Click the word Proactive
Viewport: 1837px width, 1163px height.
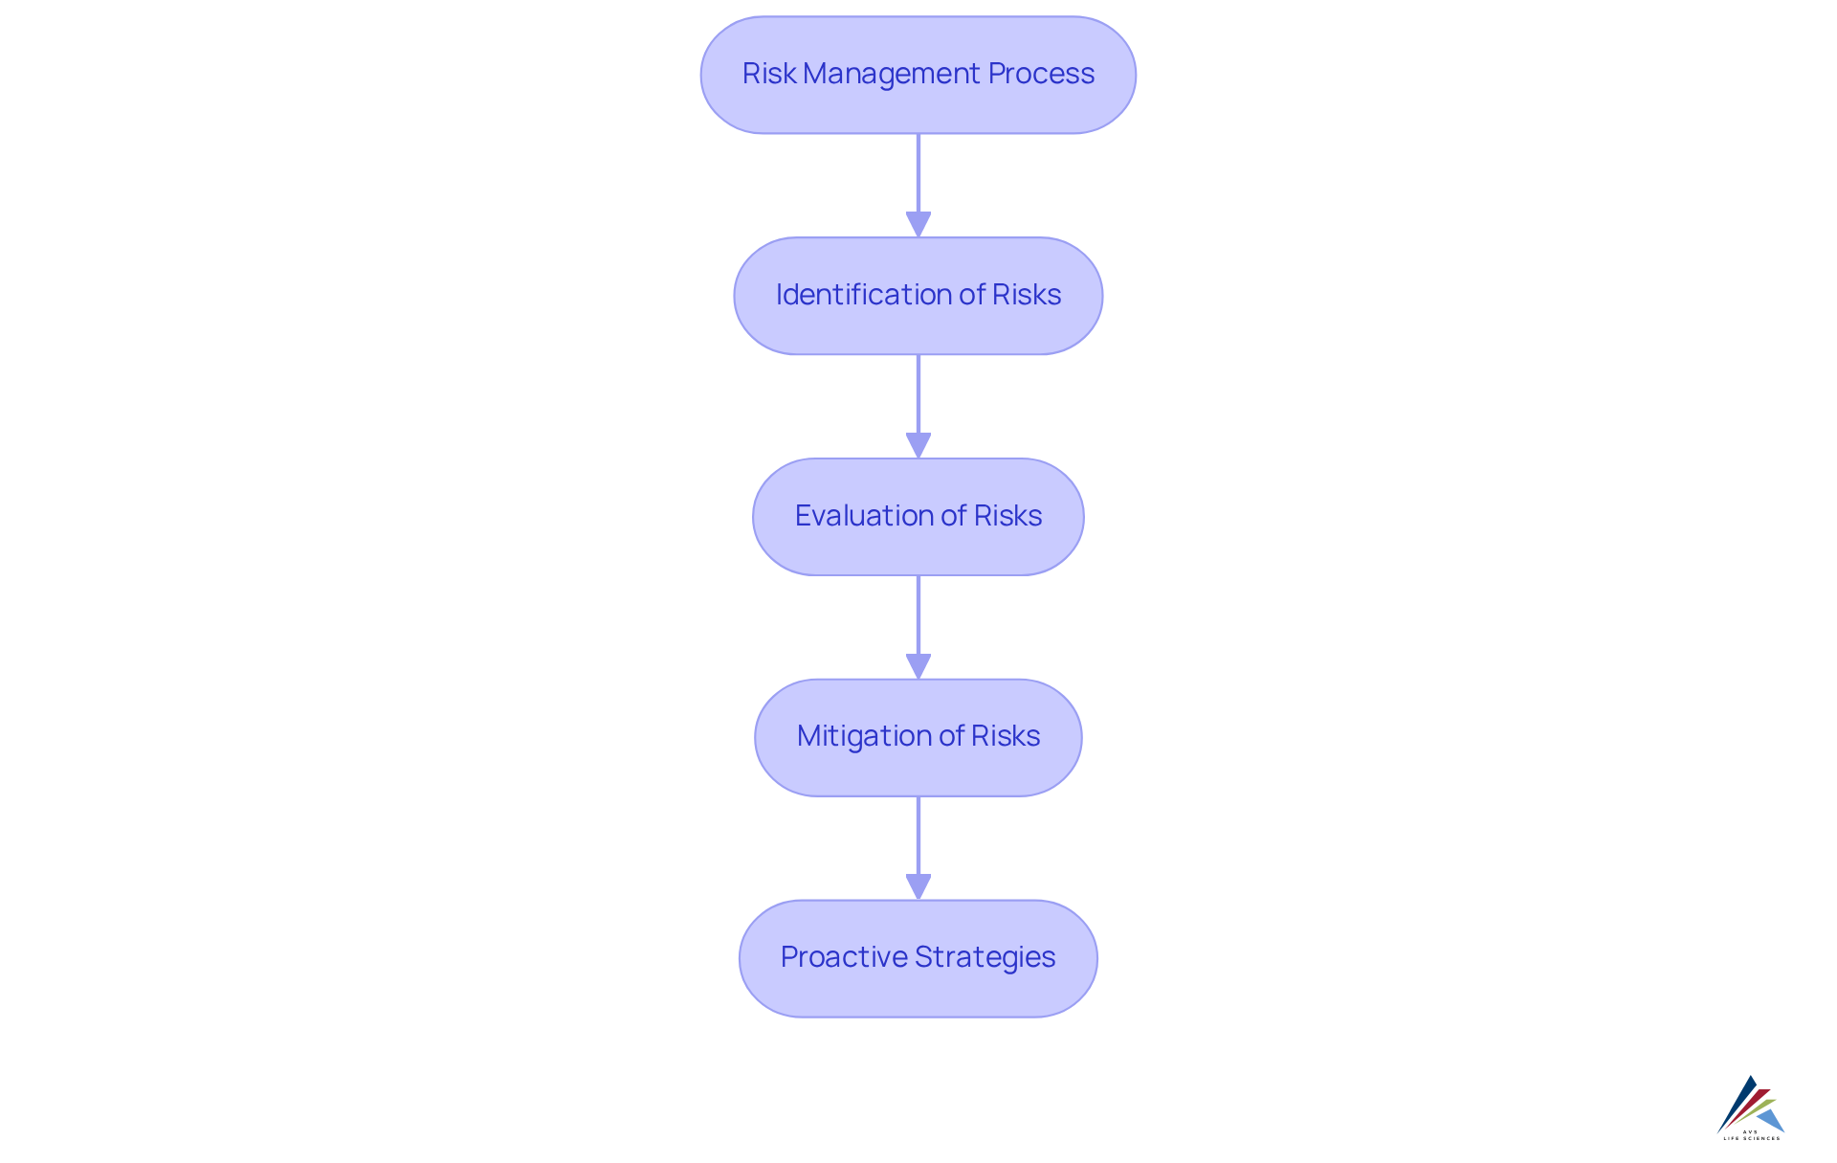pyautogui.click(x=844, y=957)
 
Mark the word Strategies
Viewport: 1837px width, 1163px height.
pyautogui.click(x=985, y=957)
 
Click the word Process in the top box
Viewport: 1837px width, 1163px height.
pyautogui.click(x=1041, y=74)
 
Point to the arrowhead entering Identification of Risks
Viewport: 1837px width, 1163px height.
pyautogui.click(x=918, y=224)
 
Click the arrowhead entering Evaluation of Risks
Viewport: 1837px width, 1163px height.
pyautogui.click(x=918, y=445)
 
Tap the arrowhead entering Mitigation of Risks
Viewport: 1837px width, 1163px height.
pyautogui.click(x=918, y=666)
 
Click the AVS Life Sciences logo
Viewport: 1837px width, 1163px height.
pyautogui.click(x=1751, y=1107)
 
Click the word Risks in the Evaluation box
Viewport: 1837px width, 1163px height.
pyautogui.click(x=1007, y=516)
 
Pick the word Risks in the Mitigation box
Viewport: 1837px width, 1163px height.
pyautogui.click(x=1006, y=736)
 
